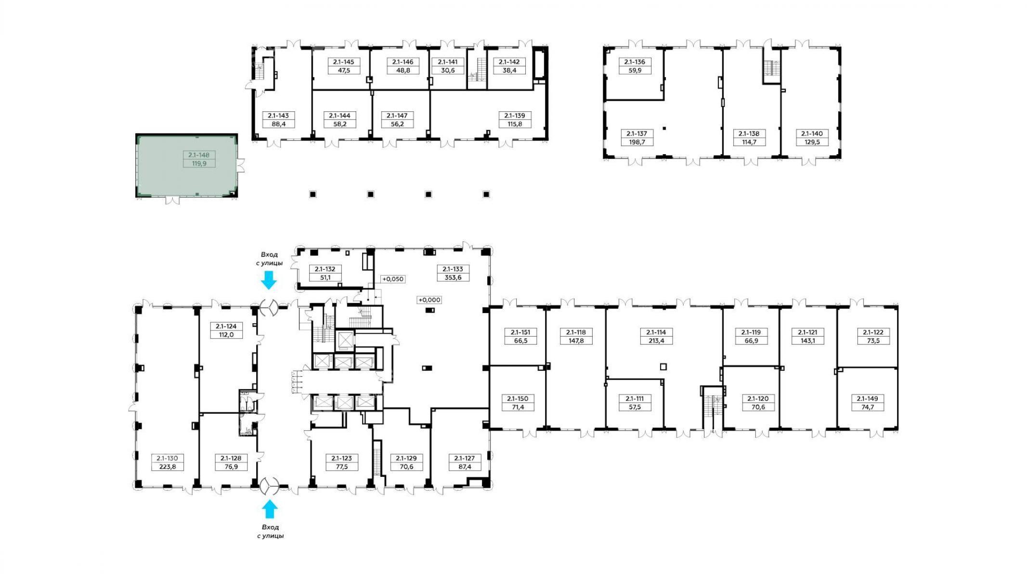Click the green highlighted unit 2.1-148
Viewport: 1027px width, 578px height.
[187, 166]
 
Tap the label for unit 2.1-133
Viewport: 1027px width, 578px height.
[453, 269]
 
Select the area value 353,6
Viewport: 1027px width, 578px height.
[453, 277]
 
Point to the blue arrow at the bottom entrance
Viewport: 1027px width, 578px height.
[269, 509]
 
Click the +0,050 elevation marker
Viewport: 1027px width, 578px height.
[393, 279]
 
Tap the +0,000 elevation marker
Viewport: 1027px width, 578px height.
[429, 300]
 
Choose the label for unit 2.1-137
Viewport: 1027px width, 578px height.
[637, 133]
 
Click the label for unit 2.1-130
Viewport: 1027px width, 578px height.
[168, 458]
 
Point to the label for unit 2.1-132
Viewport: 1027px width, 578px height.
[325, 269]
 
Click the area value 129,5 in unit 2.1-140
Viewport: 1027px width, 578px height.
[812, 142]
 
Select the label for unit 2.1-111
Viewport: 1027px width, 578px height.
[635, 399]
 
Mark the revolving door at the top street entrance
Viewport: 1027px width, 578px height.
[269, 307]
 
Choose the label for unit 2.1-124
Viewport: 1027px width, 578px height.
[226, 326]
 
